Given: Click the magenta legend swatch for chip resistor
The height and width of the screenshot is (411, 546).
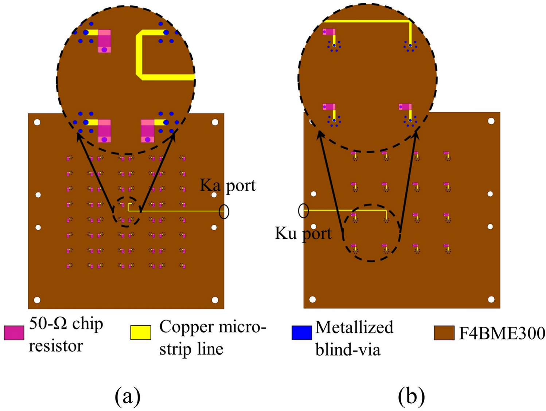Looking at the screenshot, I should pos(14,333).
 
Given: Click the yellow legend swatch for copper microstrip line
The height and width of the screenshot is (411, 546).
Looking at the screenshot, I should pos(141,332).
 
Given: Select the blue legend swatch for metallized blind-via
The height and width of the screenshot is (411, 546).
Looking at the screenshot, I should pos(302,332).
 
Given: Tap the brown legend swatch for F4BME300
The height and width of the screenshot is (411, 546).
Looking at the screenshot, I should pos(444,333).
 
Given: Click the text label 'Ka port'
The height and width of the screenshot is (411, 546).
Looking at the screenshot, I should pos(228,185).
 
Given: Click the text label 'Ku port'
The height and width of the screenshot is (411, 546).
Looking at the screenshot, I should pos(303,233).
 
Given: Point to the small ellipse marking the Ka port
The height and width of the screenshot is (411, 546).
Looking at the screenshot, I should pos(224,211).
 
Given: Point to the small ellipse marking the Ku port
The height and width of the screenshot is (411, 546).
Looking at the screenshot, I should pos(304,210).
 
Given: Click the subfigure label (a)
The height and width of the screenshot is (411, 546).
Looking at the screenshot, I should pos(127,396).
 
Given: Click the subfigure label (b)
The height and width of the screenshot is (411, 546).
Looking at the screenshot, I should pos(411,396).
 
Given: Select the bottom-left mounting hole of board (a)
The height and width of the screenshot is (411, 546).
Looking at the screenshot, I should pos(37,300).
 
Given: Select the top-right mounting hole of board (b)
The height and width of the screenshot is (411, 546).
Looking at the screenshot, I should pos(491,121).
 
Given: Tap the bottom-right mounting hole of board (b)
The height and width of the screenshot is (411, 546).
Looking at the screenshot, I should pos(491,300).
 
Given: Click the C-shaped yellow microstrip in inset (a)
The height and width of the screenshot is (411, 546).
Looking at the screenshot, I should pos(140,55).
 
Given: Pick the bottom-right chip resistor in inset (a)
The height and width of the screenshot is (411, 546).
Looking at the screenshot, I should pos(148,130).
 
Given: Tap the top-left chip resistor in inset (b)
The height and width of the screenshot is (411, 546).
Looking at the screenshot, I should pos(329,32).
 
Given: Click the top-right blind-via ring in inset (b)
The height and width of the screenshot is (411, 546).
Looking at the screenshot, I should pos(410,46).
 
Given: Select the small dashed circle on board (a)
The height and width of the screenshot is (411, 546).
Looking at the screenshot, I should pos(126,212).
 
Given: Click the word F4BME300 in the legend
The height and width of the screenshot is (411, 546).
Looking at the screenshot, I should pos(502,333).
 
